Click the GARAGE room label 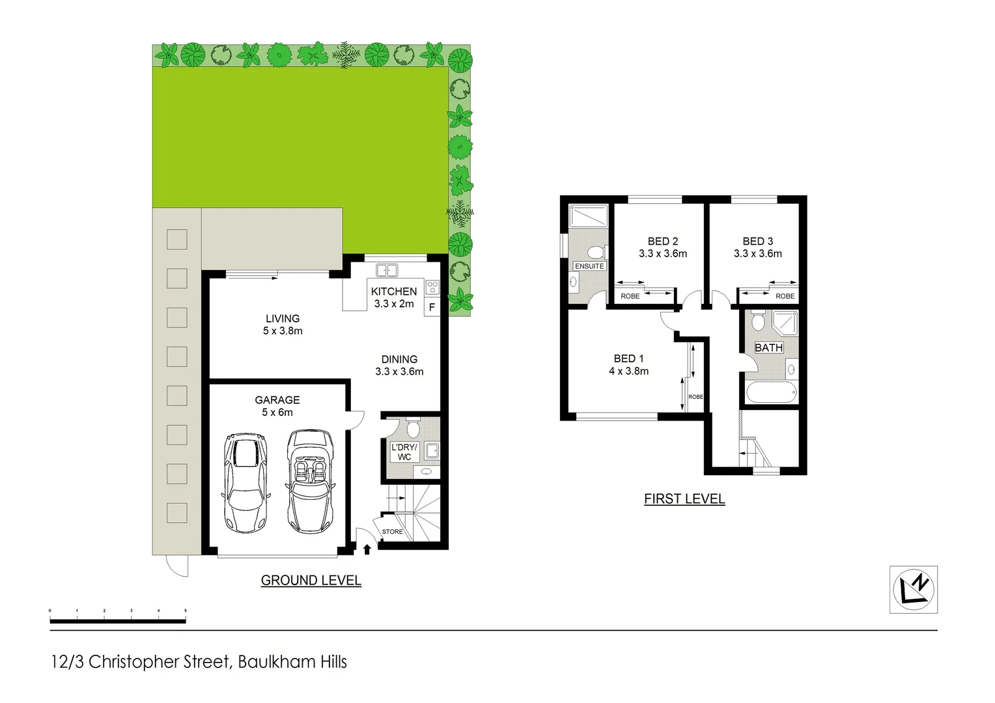tap(277, 400)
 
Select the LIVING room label tap(283, 318)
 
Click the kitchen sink tap(387, 269)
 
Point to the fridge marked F tap(432, 307)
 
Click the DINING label tap(399, 359)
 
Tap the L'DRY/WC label tap(404, 452)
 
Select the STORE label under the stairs tap(392, 532)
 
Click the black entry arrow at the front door tap(367, 549)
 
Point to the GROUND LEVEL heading tap(311, 580)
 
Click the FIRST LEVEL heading tap(684, 499)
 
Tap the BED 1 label tap(628, 359)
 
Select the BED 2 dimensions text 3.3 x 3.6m tap(662, 254)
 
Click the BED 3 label tap(757, 241)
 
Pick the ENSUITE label tap(589, 266)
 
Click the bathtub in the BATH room tap(770, 393)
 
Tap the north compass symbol tap(914, 589)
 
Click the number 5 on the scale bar tap(186, 611)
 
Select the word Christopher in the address tap(158, 662)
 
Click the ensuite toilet tap(596, 252)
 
